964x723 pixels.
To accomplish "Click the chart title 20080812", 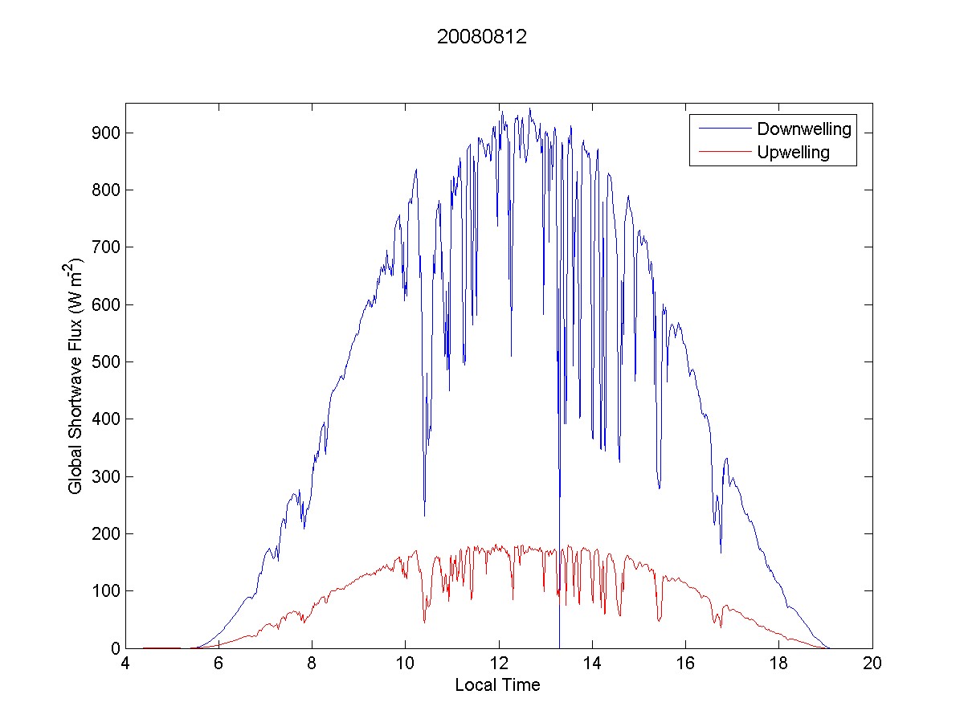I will coord(481,38).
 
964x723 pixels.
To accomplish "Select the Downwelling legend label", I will coord(803,129).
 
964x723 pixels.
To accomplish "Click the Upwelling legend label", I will coord(793,153).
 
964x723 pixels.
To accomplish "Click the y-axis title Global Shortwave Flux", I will coord(76,375).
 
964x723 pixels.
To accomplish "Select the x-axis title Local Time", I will coord(497,685).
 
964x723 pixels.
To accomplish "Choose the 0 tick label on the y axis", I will coord(113,648).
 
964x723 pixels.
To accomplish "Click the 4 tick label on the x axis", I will coord(125,664).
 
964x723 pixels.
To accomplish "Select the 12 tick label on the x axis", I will coord(499,664).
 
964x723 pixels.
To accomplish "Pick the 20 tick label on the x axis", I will coord(872,664).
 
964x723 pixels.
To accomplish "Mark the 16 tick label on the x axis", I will coord(685,664).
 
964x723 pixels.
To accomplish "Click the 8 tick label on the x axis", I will coord(312,664).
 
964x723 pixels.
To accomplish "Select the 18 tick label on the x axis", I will coord(778,664).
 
